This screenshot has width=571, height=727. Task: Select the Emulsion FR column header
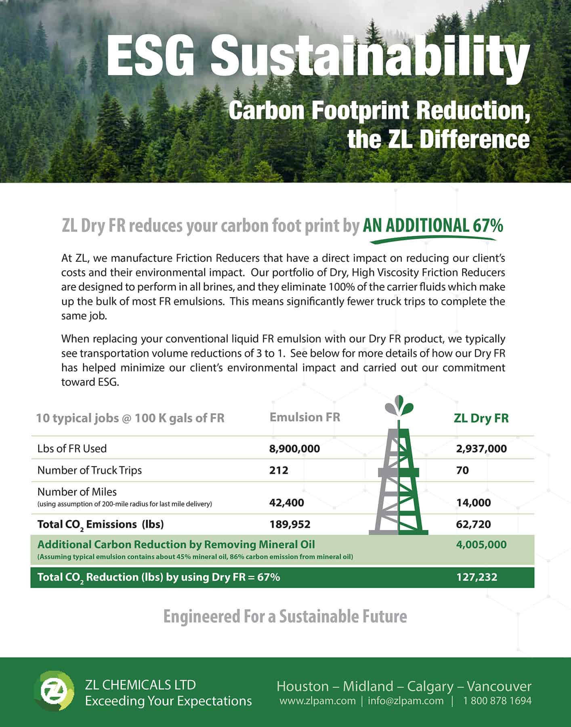point(305,417)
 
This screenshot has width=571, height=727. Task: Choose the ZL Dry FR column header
point(481,418)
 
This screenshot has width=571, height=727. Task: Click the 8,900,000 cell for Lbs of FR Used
point(294,449)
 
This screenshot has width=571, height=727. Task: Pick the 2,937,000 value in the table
point(481,449)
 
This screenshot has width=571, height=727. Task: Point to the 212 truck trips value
point(279,470)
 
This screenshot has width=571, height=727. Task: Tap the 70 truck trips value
point(462,470)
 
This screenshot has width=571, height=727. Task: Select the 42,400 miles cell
point(287,502)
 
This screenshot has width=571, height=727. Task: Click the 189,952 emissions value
point(290,524)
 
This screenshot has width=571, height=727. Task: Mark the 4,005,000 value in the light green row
point(481,544)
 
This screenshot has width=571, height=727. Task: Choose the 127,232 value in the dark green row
point(477,577)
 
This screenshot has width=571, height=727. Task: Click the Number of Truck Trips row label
point(90,470)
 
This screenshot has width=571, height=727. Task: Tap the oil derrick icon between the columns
point(399,468)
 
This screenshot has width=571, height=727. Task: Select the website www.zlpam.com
point(317,701)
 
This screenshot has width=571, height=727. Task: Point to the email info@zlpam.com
point(405,701)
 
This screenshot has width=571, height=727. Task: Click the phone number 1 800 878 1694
point(498,701)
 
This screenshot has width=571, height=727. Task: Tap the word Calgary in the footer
point(430,686)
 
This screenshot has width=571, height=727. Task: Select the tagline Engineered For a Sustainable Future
point(285,617)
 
